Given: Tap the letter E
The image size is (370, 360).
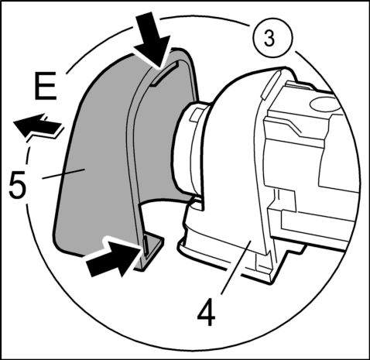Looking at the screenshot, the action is (45, 86).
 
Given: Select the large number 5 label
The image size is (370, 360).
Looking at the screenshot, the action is (17, 185).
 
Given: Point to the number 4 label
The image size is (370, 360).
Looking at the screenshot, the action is (206, 313).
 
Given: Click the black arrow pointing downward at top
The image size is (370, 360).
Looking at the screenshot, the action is (152, 39).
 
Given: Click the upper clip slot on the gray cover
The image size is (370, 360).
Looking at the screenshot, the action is (164, 74).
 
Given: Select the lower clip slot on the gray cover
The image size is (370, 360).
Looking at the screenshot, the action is (146, 245).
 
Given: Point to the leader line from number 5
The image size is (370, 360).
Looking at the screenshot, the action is (63, 173).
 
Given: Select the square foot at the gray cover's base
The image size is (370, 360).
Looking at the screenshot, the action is (152, 252).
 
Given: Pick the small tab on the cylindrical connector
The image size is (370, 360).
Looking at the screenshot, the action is (195, 114).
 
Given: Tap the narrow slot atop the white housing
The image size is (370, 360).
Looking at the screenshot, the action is (269, 84).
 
